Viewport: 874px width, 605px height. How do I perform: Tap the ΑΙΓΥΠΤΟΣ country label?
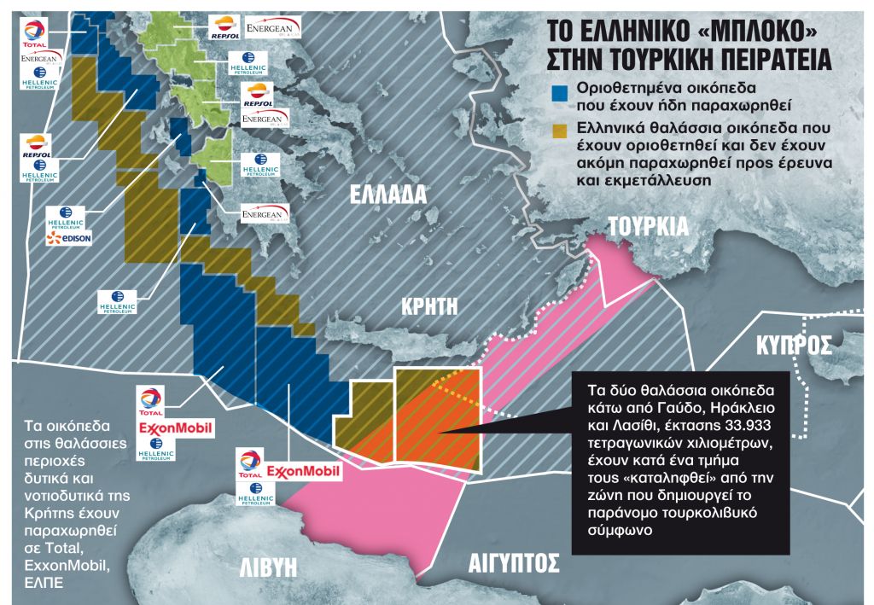(514, 564)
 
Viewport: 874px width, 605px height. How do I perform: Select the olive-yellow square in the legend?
(560, 129)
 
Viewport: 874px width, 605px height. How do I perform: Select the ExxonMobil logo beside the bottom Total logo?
(303, 471)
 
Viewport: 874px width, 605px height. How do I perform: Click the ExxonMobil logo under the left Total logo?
(175, 426)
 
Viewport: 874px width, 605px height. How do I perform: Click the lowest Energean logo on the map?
(265, 213)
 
